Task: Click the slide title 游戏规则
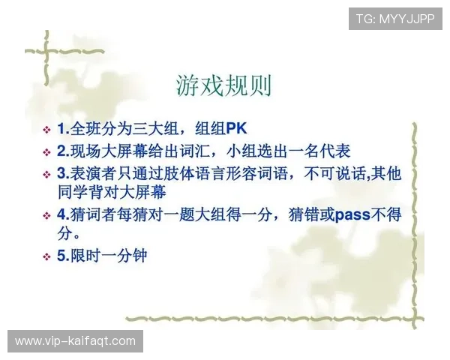coord(223,85)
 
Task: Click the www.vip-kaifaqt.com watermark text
coord(75,341)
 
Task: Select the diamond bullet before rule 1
coord(48,129)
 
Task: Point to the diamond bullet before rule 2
coord(48,151)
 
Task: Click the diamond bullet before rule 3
coord(48,173)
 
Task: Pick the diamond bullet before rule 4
coord(48,215)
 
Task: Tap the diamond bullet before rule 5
coord(48,256)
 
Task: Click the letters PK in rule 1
coord(236,128)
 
